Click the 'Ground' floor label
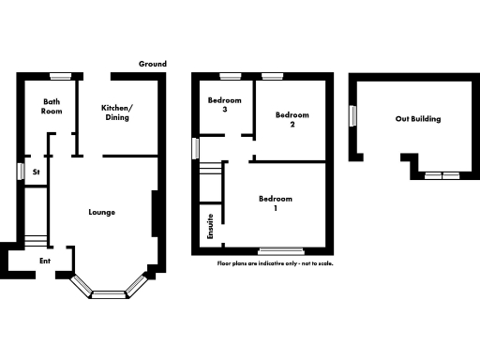click(x=153, y=64)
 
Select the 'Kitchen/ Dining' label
click(x=117, y=112)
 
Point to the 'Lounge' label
click(x=101, y=212)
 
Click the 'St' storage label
click(x=36, y=172)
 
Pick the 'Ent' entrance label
click(x=44, y=261)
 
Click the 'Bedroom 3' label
click(x=225, y=105)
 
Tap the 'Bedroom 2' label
click(x=291, y=119)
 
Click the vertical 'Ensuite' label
click(x=210, y=228)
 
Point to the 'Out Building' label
click(x=418, y=119)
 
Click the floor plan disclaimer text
click(x=275, y=263)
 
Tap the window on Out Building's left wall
click(x=352, y=115)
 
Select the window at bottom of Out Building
click(x=439, y=175)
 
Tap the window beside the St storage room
click(x=20, y=172)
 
